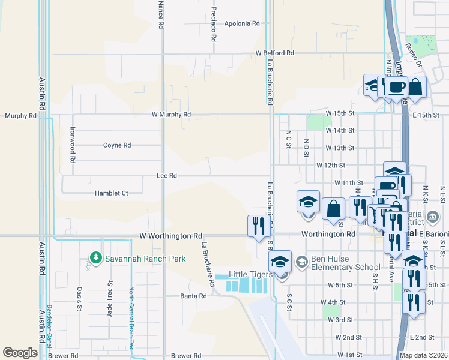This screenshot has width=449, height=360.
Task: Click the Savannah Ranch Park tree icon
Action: (95, 258)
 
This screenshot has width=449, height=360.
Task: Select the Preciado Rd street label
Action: (213, 24)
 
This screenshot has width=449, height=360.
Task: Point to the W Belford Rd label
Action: (274, 53)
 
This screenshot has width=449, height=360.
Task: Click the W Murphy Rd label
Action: (171, 114)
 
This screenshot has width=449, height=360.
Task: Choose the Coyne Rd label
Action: (117, 145)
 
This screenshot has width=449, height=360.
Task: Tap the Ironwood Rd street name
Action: (72, 145)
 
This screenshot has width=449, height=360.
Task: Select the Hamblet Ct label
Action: (112, 193)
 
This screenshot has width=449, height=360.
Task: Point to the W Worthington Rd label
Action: (170, 236)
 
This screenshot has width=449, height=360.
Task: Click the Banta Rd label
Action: (194, 296)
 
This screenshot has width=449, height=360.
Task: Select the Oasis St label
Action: (79, 298)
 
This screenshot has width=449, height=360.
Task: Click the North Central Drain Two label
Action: (131, 319)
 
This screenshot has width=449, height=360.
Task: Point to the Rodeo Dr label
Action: (414, 46)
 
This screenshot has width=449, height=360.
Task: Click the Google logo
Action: (19, 353)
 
